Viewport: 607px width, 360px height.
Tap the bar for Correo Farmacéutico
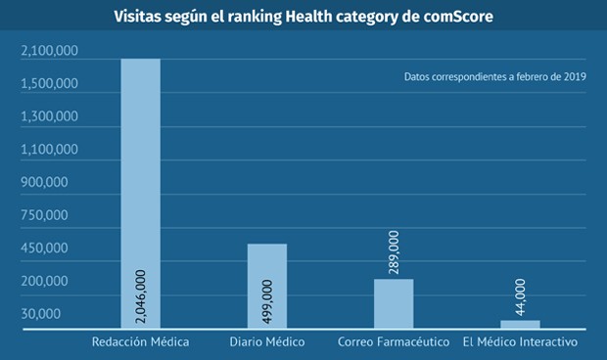(393, 304)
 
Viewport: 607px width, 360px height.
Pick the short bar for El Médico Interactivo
(519, 325)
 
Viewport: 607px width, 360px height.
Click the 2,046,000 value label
(140, 296)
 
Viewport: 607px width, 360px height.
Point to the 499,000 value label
(266, 302)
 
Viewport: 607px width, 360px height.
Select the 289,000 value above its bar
(393, 253)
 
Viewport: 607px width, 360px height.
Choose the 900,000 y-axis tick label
(42, 183)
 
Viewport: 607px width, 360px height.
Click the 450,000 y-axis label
(42, 248)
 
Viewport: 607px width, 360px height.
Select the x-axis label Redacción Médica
(140, 342)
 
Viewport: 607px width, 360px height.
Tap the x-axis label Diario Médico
(267, 342)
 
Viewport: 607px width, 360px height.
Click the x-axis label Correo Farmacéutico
(393, 342)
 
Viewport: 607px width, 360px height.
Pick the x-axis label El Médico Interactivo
(520, 342)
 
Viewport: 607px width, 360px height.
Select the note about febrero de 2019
(494, 77)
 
